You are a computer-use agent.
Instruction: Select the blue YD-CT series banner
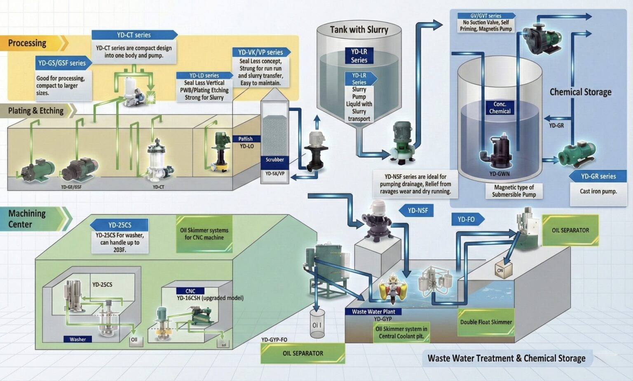coord(134,35)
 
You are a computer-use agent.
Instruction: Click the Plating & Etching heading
coord(36,111)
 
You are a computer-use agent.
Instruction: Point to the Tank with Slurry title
coord(359,30)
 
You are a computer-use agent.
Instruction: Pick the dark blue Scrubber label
coord(274,160)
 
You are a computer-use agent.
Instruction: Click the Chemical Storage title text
coord(580,92)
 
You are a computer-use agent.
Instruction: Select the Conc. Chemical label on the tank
coord(499,108)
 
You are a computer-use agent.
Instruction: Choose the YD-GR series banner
coord(598,176)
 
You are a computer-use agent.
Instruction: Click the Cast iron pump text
coord(598,191)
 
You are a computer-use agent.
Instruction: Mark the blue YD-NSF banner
coord(417,210)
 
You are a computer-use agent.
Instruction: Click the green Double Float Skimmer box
coord(486,322)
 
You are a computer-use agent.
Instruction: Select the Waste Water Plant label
coord(373,312)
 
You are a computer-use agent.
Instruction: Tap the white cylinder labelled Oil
coord(316,325)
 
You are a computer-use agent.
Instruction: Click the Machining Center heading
coord(27,219)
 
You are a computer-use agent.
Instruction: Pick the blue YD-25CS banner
coord(120,225)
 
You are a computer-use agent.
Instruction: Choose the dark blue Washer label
coord(77,339)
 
